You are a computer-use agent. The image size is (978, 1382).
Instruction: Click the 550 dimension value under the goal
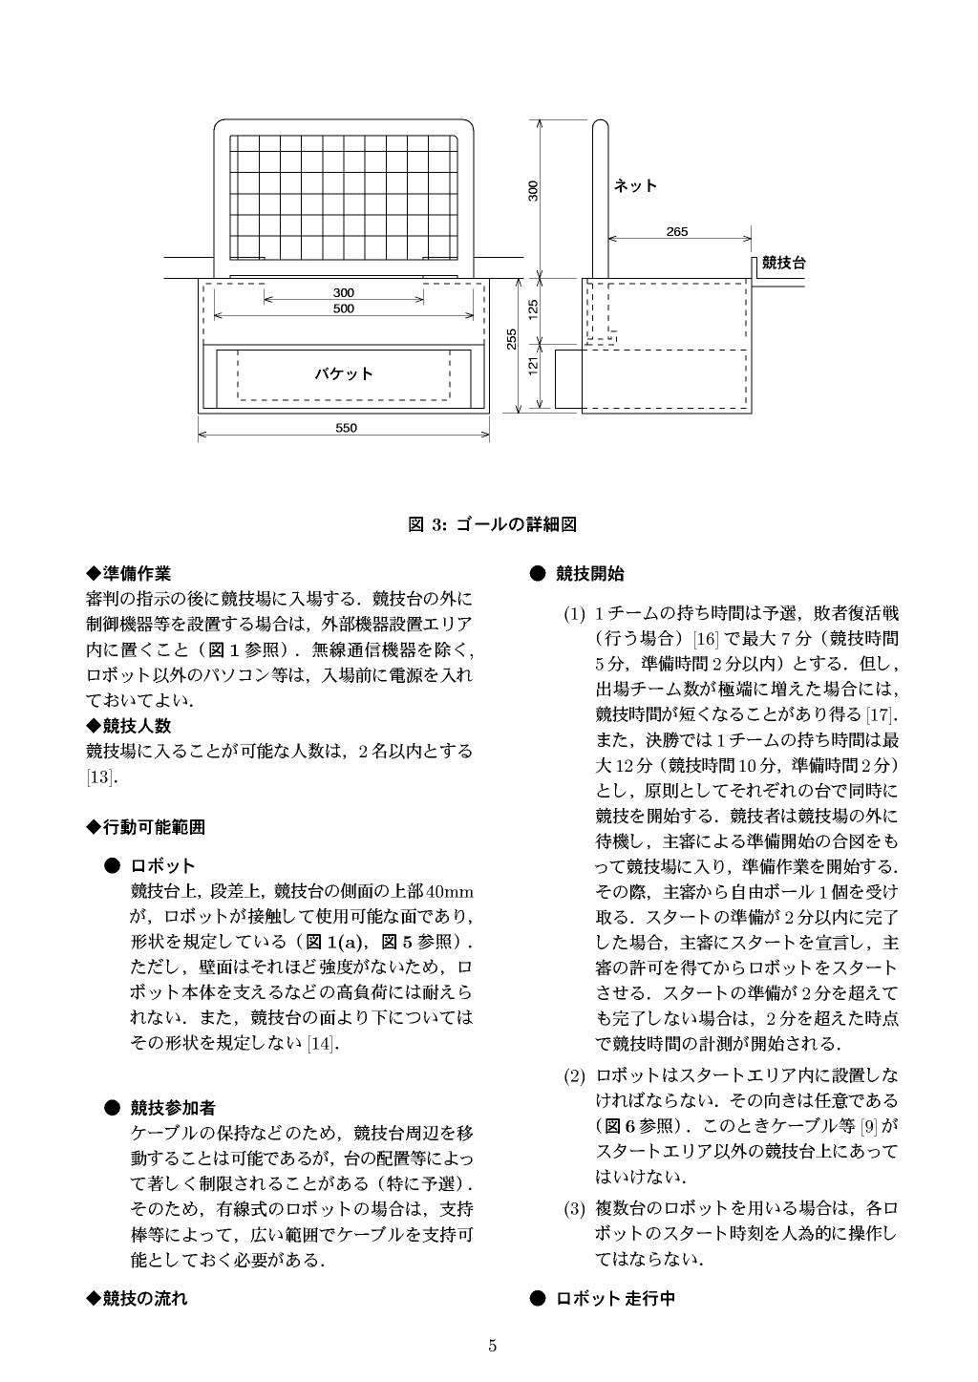[x=346, y=428]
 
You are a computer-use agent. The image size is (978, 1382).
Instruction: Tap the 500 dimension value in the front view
[x=344, y=308]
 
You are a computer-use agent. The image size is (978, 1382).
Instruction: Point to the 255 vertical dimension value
[x=512, y=339]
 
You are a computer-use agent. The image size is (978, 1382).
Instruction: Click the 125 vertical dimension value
[x=534, y=308]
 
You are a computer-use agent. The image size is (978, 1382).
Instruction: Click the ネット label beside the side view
[x=635, y=185]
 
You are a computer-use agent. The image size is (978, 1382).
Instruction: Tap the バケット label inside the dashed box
[x=344, y=373]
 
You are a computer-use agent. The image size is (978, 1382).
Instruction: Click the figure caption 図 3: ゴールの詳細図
[x=492, y=523]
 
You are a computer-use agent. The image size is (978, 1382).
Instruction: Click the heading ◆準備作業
[x=129, y=573]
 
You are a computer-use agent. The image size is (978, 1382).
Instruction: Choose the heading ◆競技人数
[x=129, y=725]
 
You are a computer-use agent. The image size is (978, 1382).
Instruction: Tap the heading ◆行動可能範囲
[x=145, y=826]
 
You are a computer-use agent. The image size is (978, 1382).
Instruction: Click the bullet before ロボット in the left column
[x=112, y=865]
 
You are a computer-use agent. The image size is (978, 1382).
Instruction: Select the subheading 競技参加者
[x=173, y=1108]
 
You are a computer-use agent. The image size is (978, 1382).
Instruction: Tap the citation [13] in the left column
[x=99, y=776]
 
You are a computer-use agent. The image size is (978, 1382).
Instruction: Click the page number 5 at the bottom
[x=492, y=1347]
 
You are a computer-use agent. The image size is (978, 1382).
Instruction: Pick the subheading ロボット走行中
[x=616, y=1298]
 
